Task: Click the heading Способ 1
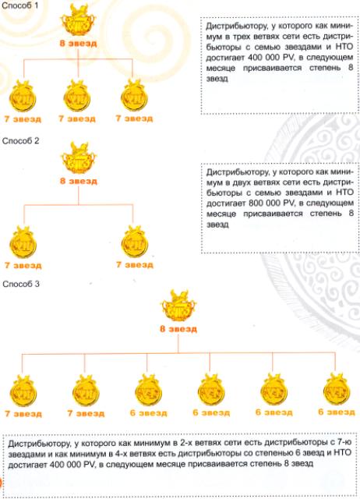tap(19, 5)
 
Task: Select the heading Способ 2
tap(20, 140)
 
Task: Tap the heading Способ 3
tap(21, 284)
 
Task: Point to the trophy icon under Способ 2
tap(79, 157)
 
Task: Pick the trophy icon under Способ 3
tap(178, 306)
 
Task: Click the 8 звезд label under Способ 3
tap(178, 329)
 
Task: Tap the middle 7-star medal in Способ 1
tap(77, 97)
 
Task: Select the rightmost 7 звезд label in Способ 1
tap(134, 119)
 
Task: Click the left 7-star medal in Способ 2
tap(23, 242)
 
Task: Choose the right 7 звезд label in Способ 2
tap(135, 265)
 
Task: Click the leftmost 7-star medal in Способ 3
tap(23, 391)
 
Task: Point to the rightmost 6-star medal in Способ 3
tap(337, 390)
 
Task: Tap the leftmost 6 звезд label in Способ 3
tap(148, 413)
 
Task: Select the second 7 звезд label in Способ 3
tap(86, 413)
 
